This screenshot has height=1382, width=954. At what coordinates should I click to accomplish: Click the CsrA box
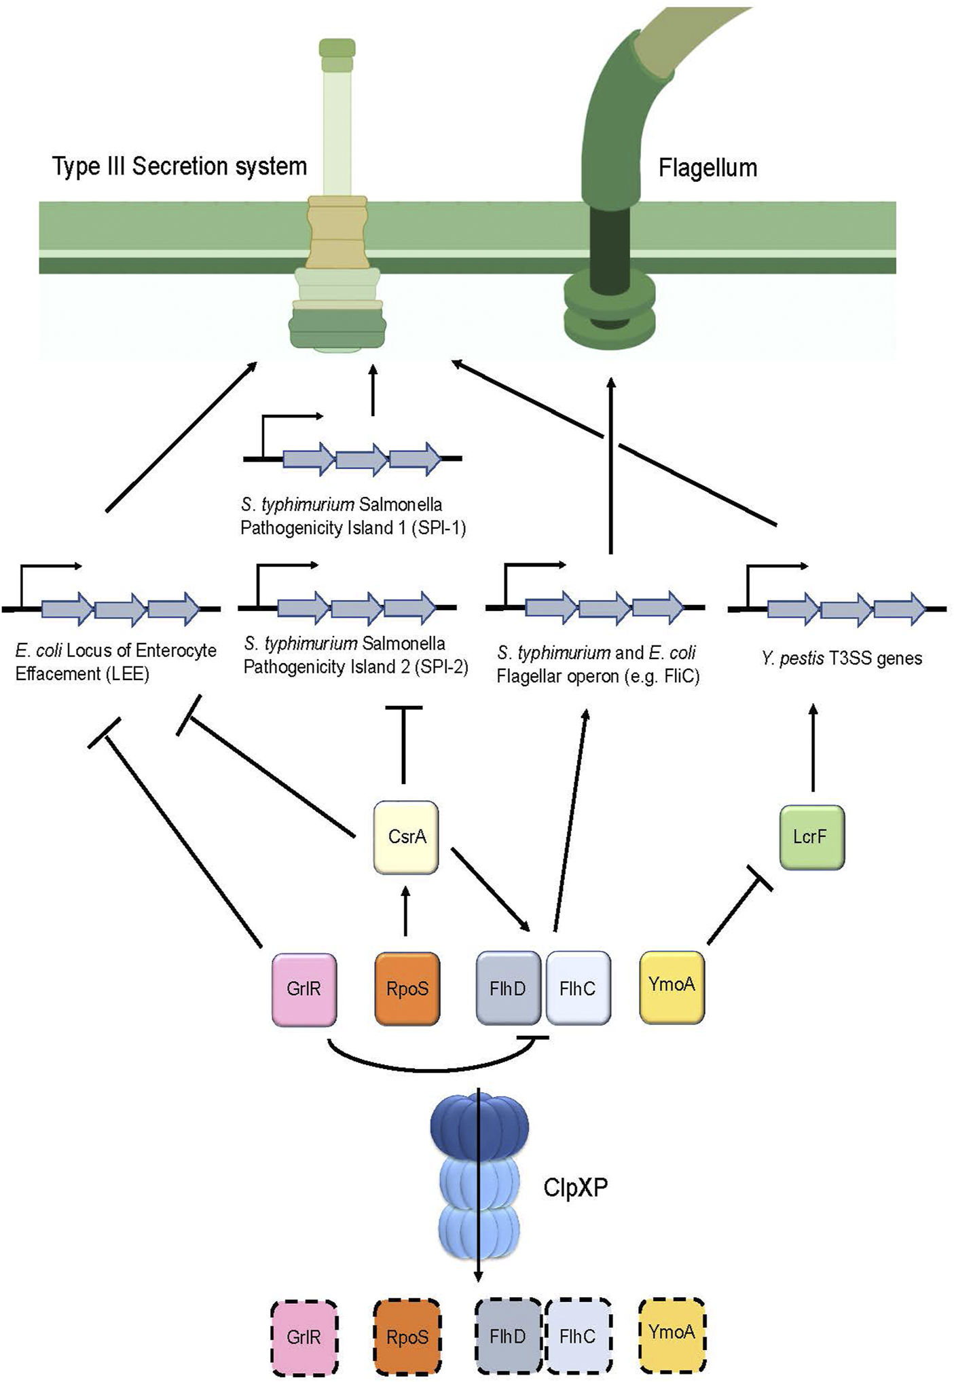[x=406, y=837]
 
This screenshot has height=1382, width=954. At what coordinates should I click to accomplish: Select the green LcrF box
[x=812, y=837]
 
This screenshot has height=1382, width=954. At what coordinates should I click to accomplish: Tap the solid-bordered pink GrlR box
[x=304, y=988]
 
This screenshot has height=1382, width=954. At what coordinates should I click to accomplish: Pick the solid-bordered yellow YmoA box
[x=672, y=986]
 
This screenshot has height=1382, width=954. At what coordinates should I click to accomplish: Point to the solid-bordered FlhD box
[x=508, y=988]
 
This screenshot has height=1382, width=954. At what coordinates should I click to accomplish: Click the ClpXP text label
[x=575, y=1188]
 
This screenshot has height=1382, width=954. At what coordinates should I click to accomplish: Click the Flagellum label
[x=708, y=168]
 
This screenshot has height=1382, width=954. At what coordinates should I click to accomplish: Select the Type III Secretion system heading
[x=180, y=166]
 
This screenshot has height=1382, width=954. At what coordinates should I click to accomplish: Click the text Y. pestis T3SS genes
[x=841, y=658]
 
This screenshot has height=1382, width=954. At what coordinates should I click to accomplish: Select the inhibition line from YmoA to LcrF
[x=737, y=910]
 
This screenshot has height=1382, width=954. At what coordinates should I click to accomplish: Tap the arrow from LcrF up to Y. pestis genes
[x=813, y=747]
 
